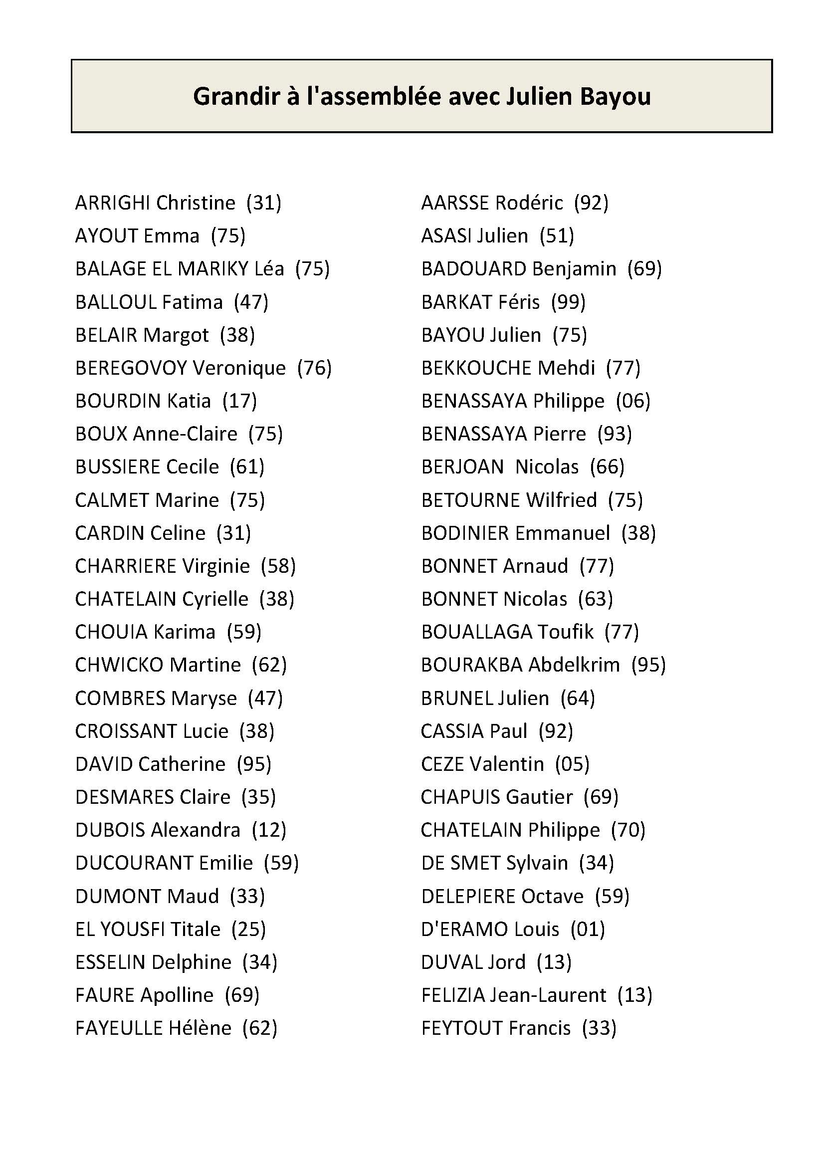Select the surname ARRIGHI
pos(112,203)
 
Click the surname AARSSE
pos(455,203)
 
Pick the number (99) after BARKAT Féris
pos(569,302)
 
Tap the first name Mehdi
pos(567,368)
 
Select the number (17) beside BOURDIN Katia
pos(240,401)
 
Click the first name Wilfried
pos(561,500)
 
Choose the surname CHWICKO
pos(119,665)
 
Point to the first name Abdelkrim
pos(574,665)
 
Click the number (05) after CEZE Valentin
pos(572,764)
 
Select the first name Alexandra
pos(196,830)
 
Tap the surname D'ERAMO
pos(464,929)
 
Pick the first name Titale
pos(195,929)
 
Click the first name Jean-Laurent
pos(548,995)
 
